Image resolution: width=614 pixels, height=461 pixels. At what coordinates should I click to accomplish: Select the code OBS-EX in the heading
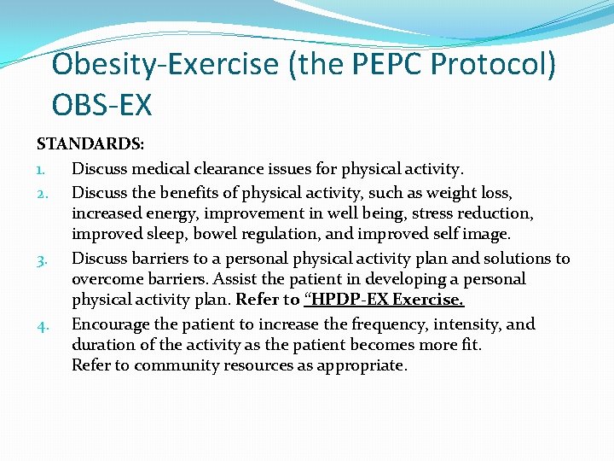tap(101, 105)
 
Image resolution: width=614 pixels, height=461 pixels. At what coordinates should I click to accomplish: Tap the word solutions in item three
tap(516, 258)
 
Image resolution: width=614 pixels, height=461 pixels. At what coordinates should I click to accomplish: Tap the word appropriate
tap(364, 365)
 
